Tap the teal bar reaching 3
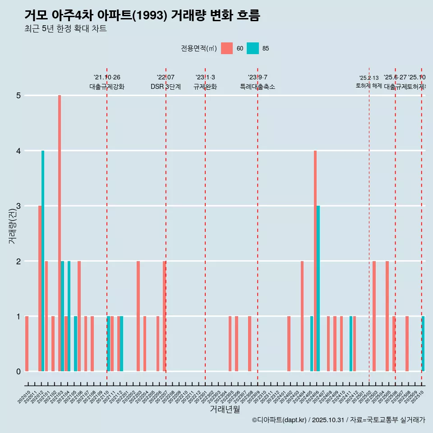[318, 289]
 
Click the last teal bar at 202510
[423, 344]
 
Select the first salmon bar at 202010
[27, 344]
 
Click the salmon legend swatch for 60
[227, 48]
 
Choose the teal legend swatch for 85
[253, 48]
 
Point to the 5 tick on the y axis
[18, 96]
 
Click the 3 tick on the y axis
[18, 206]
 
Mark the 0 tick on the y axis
[18, 372]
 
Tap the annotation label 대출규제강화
[107, 87]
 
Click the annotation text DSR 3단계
[166, 87]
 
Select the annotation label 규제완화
[205, 87]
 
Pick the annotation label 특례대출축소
[258, 87]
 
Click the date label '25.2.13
[369, 78]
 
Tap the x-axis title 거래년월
[225, 409]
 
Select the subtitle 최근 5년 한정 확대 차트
[65, 29]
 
